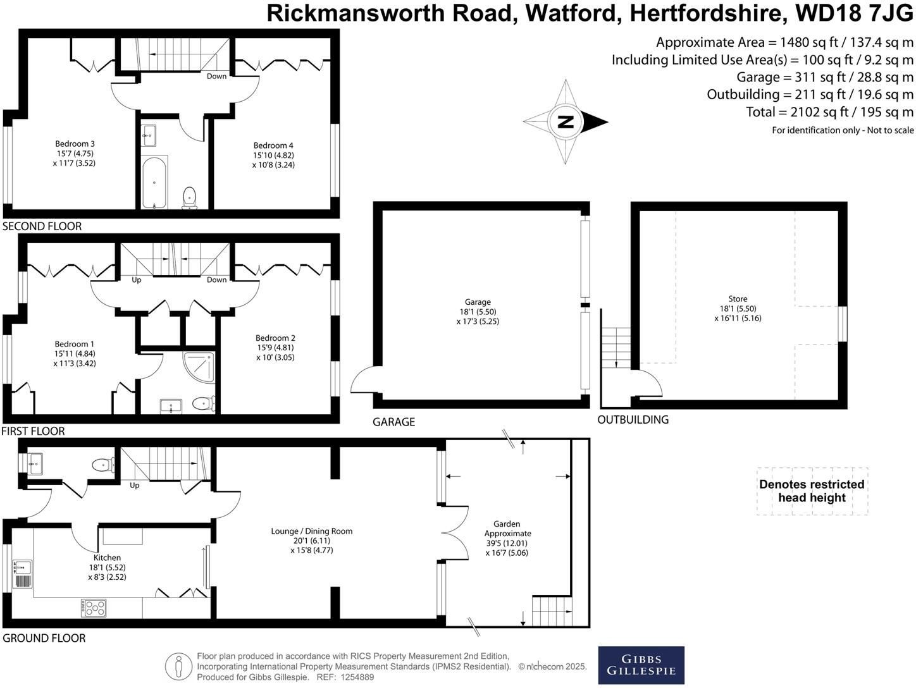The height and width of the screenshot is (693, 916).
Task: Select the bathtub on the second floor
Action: click(154, 182)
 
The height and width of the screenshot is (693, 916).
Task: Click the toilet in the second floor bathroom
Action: click(189, 198)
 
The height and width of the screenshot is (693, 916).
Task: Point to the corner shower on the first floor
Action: click(199, 367)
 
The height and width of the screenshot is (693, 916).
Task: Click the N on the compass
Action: click(566, 122)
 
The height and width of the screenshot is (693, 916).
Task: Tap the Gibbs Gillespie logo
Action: click(641, 665)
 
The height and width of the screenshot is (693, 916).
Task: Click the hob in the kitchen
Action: click(94, 608)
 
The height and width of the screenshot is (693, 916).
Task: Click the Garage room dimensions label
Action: click(478, 317)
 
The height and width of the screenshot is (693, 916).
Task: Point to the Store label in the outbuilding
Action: click(738, 298)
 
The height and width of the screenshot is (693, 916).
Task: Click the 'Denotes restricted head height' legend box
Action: click(812, 491)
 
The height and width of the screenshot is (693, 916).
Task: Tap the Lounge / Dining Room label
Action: click(312, 531)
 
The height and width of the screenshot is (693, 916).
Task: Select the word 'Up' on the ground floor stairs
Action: click(134, 486)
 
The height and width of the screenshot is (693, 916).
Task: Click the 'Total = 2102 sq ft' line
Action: click(829, 112)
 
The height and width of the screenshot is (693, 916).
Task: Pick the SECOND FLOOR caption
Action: click(42, 226)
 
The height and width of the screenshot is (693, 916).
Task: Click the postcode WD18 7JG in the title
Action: click(854, 13)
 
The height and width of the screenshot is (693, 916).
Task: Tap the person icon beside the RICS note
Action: click(178, 666)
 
